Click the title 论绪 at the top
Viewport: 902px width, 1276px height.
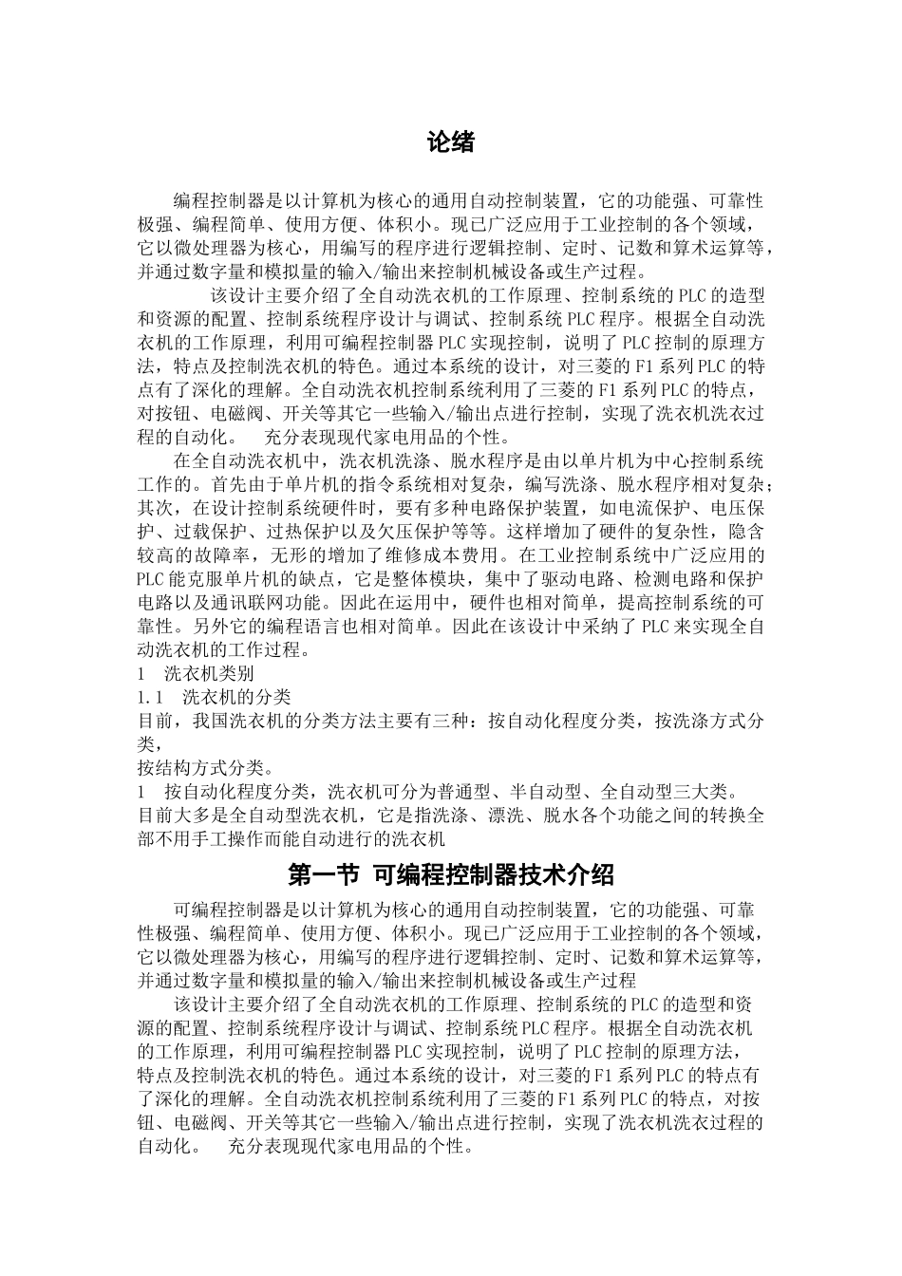point(450,143)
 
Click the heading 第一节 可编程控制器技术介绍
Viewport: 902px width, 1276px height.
point(450,873)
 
